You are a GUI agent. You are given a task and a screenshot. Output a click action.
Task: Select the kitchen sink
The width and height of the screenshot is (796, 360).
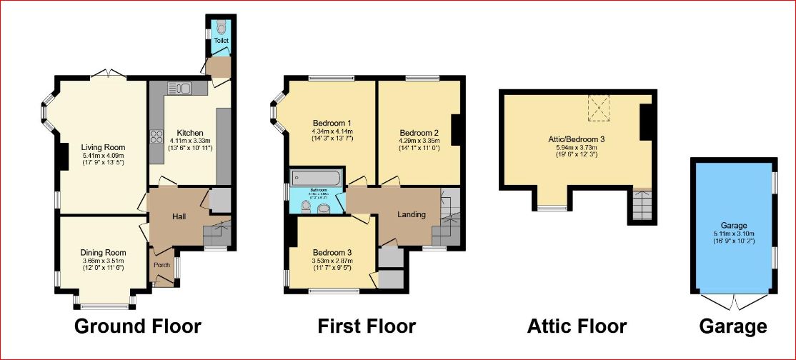coord(179,88)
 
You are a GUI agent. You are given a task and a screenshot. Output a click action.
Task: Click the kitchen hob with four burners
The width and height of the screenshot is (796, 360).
coord(155,136)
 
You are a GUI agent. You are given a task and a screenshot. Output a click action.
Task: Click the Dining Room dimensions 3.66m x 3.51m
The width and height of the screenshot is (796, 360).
coord(104,261)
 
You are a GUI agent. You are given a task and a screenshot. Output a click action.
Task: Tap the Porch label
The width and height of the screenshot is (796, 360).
coord(162,265)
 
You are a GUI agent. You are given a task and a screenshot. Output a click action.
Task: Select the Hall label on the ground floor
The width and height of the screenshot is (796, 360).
coord(179,216)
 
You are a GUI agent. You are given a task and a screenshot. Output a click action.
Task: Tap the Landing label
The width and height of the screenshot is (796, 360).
coord(412,214)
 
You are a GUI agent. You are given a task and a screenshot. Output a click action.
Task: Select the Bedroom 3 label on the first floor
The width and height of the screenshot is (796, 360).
coord(332,252)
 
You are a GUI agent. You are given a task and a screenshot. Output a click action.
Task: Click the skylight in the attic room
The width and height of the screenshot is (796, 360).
coord(600,107)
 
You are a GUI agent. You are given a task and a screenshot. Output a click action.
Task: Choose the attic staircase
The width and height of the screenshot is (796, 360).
coord(642,207)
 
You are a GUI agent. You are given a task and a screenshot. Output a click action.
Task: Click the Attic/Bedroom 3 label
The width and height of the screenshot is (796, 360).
coord(575,139)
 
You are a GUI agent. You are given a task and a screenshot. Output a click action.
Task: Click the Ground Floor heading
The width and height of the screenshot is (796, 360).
coord(138,326)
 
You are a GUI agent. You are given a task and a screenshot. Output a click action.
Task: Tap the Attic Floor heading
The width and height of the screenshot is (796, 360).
coord(577,326)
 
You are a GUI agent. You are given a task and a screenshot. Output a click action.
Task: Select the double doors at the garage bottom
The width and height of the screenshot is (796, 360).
coord(733,301)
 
